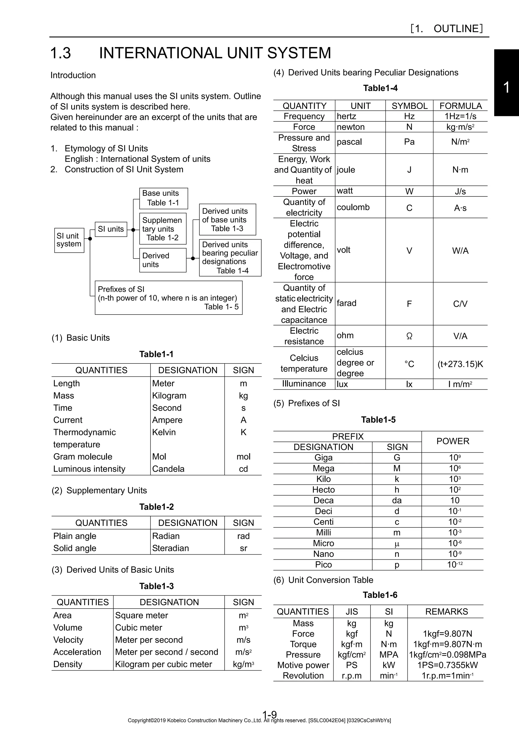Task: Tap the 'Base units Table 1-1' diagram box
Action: (163, 198)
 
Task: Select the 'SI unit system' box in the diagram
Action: (69, 240)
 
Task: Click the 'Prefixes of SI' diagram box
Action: (169, 298)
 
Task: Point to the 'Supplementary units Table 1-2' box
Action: (162, 229)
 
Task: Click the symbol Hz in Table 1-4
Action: (409, 116)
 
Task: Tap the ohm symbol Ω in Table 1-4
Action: (409, 336)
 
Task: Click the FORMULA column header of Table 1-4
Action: (460, 106)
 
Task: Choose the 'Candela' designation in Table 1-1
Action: (169, 469)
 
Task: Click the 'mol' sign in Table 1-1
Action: (243, 456)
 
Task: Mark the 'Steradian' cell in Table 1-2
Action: (171, 548)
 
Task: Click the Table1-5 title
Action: (378, 420)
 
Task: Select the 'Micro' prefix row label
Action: (323, 543)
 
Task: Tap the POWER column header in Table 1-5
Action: (453, 441)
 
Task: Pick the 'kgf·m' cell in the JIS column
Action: (351, 644)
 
